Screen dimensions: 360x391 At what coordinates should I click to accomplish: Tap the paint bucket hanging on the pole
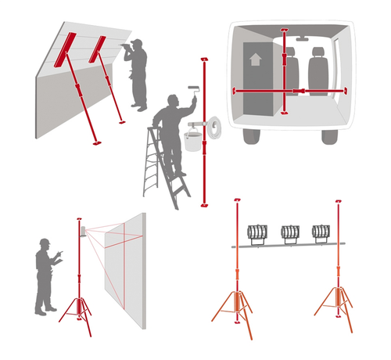click(192, 139)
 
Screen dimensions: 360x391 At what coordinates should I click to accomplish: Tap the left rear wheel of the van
click(252, 135)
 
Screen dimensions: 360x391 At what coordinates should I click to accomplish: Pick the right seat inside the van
click(318, 69)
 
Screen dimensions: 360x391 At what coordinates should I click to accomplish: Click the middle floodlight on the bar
click(290, 232)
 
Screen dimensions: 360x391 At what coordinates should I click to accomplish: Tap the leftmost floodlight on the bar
click(257, 232)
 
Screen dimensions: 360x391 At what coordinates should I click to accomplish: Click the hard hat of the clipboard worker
click(45, 242)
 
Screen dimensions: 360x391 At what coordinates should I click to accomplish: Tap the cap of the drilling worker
click(137, 42)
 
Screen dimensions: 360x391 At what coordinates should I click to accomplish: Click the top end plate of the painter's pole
click(204, 59)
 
